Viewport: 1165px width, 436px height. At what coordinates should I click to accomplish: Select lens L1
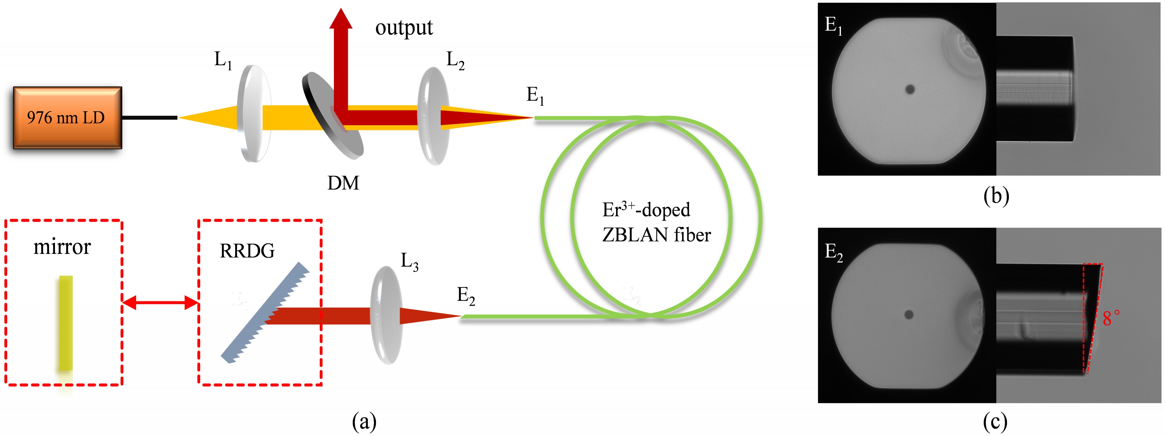pos(253,113)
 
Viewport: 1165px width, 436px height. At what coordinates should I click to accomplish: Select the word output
pos(404,28)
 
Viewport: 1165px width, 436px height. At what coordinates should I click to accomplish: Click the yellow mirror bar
pos(66,323)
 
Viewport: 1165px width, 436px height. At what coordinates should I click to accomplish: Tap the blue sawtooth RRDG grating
pos(265,312)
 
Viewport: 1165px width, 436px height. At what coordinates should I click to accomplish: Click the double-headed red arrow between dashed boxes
pos(160,302)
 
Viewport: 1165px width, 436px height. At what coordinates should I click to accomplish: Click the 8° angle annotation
pos(1111,318)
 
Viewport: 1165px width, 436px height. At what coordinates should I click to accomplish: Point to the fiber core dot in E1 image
pos(910,89)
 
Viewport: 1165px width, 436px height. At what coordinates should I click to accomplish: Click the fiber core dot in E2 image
pos(909,314)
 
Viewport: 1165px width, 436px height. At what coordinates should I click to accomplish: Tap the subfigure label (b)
pos(996,196)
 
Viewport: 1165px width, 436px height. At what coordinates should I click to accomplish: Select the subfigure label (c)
pos(995,422)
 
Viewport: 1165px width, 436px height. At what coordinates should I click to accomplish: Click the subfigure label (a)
pos(364,422)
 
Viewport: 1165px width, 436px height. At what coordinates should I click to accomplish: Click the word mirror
pos(62,247)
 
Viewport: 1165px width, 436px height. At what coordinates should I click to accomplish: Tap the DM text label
pos(343,183)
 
